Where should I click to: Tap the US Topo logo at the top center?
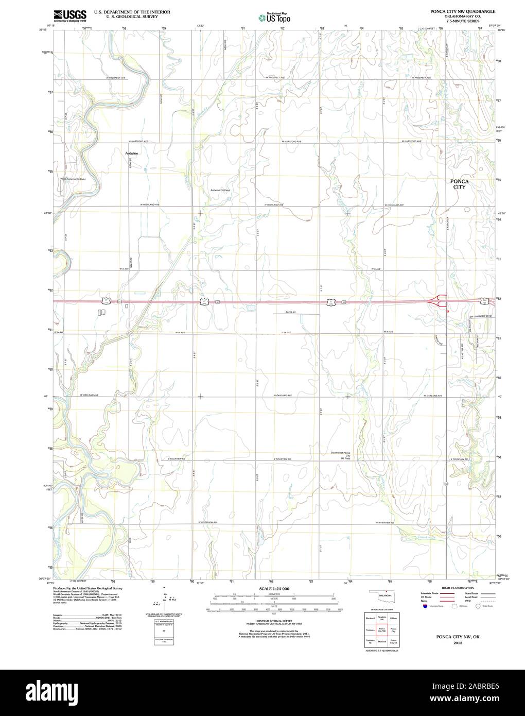275,18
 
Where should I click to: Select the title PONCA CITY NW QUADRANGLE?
456,11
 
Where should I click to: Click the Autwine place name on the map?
132,153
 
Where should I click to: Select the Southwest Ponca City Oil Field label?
340,455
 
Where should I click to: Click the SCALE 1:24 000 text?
275,588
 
